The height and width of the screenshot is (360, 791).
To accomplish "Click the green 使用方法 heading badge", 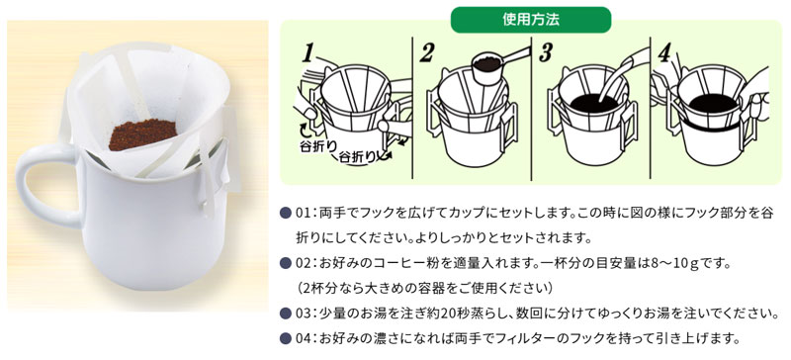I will coord(530,19).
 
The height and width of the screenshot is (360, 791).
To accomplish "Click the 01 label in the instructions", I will coord(306,215).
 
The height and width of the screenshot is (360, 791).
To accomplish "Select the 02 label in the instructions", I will coord(306,263).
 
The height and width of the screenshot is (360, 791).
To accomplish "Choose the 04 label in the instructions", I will coord(306,337).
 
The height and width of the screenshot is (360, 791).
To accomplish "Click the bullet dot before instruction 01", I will coord(286,215).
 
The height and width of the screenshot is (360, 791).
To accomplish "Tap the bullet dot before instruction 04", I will coord(286,337).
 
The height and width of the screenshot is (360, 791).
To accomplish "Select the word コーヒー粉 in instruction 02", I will coord(395,263).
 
